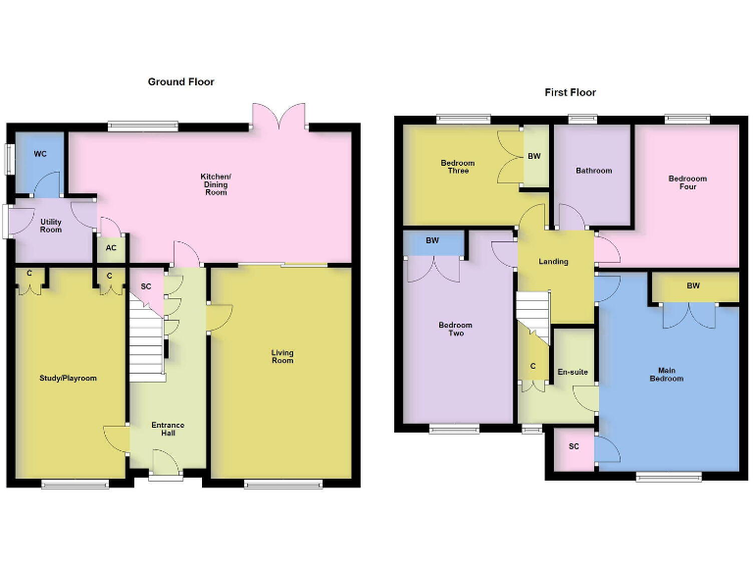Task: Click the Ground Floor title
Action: click(180, 82)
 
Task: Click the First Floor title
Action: click(570, 92)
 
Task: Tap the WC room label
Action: click(40, 154)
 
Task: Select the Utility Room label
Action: click(50, 225)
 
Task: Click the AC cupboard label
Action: click(111, 248)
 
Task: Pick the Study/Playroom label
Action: click(68, 378)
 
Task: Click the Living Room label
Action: click(282, 356)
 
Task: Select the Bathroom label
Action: click(593, 171)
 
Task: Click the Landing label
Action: click(554, 261)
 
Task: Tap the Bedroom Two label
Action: click(455, 330)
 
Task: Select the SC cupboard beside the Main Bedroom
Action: click(574, 447)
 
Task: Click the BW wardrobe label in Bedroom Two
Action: click(432, 241)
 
